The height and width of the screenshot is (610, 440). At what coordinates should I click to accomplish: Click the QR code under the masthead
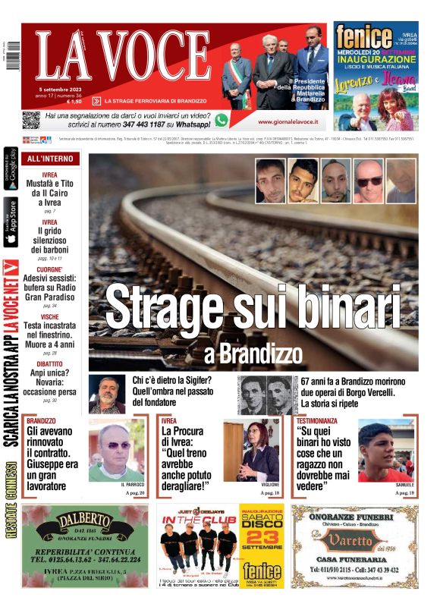point(30,120)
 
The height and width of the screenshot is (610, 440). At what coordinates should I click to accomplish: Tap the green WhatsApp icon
point(221,120)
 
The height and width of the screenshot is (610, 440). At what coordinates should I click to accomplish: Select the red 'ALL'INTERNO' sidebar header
point(50,159)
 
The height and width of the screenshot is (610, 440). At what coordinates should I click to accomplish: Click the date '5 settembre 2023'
point(61,89)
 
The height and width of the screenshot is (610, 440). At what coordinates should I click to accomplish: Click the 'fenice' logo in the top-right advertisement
point(364,37)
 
